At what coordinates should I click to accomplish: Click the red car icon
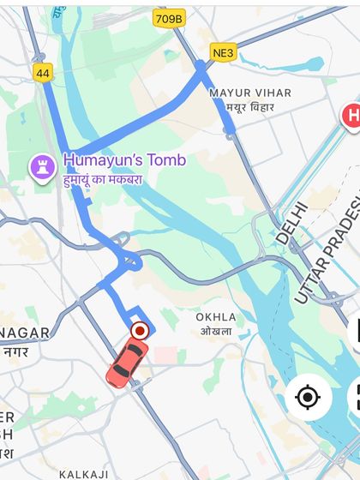point(127,362)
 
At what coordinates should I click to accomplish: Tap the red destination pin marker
point(139,330)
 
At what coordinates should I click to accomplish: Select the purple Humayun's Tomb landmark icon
point(42,166)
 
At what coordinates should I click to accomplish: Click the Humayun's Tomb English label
point(124,160)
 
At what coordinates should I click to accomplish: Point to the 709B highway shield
point(169,18)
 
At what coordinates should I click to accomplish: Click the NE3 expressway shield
point(223,53)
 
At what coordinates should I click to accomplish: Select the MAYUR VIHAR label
point(250,93)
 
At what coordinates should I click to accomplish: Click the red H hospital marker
point(351,117)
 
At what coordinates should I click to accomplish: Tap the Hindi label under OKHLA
point(216,332)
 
